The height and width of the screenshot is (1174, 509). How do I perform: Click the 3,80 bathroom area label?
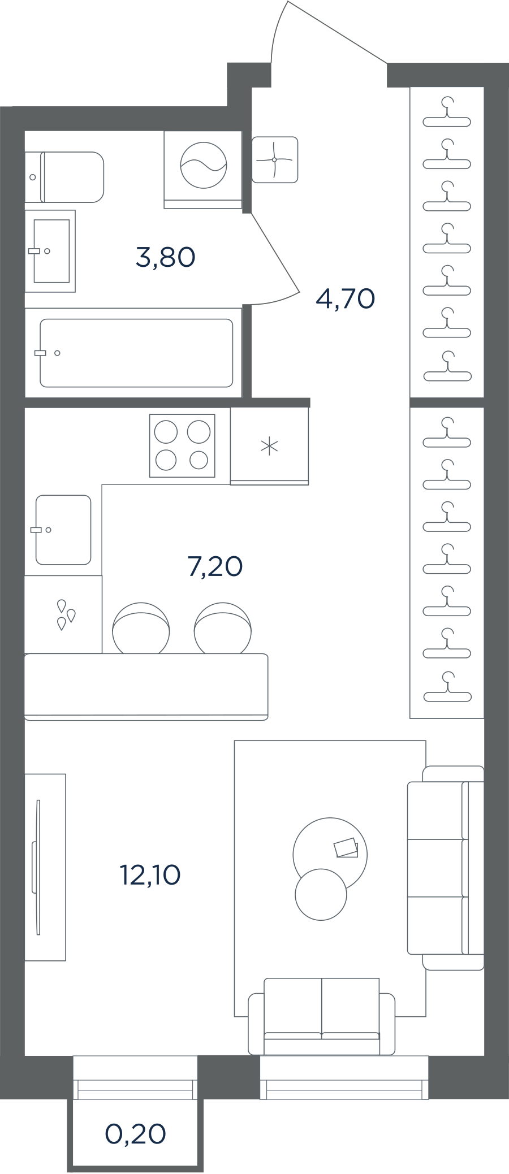point(166,257)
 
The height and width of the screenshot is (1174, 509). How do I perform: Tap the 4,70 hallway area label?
point(345,298)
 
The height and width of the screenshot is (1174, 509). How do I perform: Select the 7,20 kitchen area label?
point(215,566)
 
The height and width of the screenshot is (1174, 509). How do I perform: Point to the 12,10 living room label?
point(150,875)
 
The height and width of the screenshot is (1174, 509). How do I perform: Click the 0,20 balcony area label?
point(136,1134)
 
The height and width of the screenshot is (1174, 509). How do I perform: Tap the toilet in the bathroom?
point(64,177)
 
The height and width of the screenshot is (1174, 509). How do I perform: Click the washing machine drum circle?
point(204,165)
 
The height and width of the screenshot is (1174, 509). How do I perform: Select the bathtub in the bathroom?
point(136,353)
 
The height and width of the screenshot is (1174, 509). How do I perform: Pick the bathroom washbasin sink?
point(50,251)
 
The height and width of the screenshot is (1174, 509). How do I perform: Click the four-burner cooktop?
point(182,446)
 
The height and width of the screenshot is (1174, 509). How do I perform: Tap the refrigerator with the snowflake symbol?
point(269,446)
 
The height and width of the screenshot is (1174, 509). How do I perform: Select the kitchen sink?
point(63,530)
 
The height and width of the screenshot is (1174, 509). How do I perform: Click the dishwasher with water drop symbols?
point(63,615)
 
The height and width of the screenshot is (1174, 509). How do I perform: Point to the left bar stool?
point(141,628)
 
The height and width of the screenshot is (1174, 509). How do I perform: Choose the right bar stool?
point(222,628)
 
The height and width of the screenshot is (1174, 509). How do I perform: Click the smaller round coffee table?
point(321,894)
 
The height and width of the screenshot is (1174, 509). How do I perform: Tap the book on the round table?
point(346,848)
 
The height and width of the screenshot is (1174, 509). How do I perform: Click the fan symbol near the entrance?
point(275,159)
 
